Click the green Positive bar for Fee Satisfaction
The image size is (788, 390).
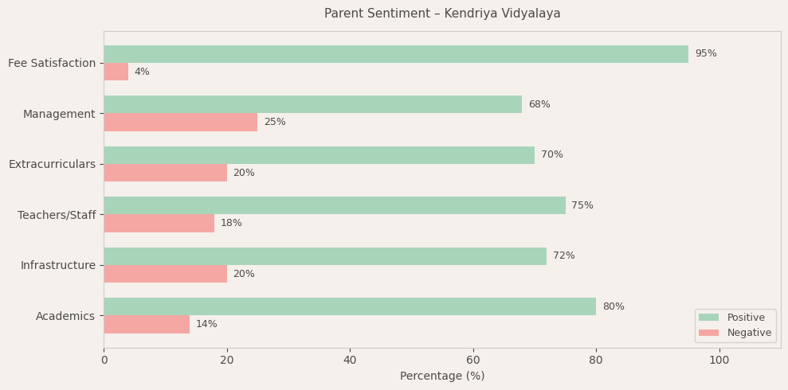coord(396,54)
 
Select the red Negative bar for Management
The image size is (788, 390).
coord(181,123)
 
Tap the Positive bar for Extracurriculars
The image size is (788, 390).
coord(319,155)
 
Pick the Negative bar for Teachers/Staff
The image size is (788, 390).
coord(159,224)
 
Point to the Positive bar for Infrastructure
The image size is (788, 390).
coord(325,256)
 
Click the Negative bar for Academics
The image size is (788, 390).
coord(147,325)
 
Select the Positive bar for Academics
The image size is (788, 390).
coord(350,306)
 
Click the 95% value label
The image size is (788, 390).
coord(706,54)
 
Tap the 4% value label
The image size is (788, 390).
coord(142,72)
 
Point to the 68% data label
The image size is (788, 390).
coord(539,105)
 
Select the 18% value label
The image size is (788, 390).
coord(231,224)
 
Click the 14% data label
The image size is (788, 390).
coord(206,325)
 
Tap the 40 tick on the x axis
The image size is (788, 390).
coord(350,361)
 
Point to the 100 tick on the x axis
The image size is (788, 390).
coord(719,361)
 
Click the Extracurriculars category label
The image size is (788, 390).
coord(52,165)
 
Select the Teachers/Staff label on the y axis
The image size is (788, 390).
coord(57,216)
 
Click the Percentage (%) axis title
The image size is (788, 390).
coord(442,376)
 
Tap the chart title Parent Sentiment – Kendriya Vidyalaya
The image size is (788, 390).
coord(442,14)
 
